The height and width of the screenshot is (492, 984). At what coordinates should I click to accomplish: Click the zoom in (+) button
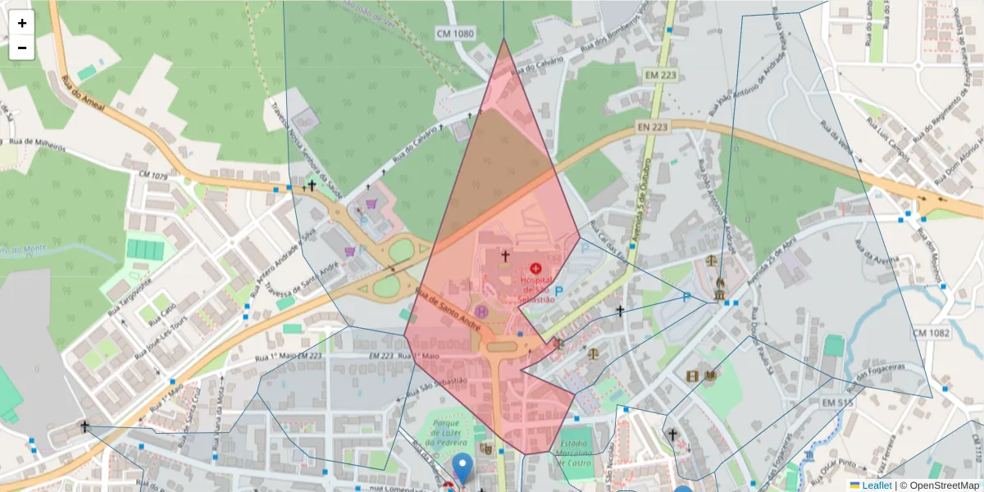(x=22, y=23)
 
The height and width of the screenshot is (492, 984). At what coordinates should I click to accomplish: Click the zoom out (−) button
(x=22, y=48)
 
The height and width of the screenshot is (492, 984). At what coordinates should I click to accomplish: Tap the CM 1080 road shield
(x=455, y=34)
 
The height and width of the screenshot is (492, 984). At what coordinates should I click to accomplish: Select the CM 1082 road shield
(x=930, y=333)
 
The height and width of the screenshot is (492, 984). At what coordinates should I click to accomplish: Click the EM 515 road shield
(x=838, y=403)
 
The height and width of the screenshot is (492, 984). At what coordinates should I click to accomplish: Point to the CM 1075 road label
(x=153, y=175)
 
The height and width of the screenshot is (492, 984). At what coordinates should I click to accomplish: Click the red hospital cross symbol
(x=535, y=268)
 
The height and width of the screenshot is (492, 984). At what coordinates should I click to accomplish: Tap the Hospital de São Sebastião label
(x=537, y=289)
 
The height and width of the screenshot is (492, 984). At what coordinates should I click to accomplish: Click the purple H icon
(x=481, y=312)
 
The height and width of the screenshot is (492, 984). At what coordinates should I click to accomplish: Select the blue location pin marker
(x=463, y=467)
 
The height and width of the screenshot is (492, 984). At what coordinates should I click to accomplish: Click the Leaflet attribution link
(x=876, y=485)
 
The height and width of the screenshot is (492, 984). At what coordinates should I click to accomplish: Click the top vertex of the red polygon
(x=503, y=39)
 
